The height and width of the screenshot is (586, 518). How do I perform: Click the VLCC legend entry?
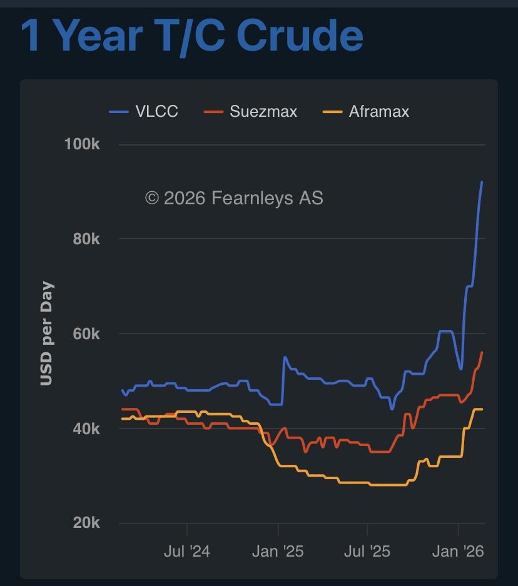(156, 112)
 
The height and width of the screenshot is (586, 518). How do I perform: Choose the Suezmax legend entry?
(263, 112)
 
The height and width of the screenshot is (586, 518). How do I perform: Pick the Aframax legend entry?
(378, 112)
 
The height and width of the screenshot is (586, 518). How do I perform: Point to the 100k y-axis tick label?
(82, 144)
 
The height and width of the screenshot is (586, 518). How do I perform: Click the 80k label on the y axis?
(85, 239)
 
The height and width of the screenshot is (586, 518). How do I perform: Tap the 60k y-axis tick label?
(85, 334)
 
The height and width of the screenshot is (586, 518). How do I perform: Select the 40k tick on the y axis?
(85, 429)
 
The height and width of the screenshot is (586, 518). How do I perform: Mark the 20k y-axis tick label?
(85, 523)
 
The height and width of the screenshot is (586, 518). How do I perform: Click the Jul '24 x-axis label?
(187, 551)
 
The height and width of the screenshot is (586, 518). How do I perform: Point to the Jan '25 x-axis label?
(278, 551)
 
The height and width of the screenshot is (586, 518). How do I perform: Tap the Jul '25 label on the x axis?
(368, 551)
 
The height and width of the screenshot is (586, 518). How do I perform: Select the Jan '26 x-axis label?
(459, 551)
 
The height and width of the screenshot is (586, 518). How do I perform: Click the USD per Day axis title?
(47, 334)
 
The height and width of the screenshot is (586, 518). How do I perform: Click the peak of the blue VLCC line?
(482, 182)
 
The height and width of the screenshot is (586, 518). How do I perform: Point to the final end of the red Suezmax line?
(482, 352)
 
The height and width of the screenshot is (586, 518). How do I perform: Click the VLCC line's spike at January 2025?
(285, 357)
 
